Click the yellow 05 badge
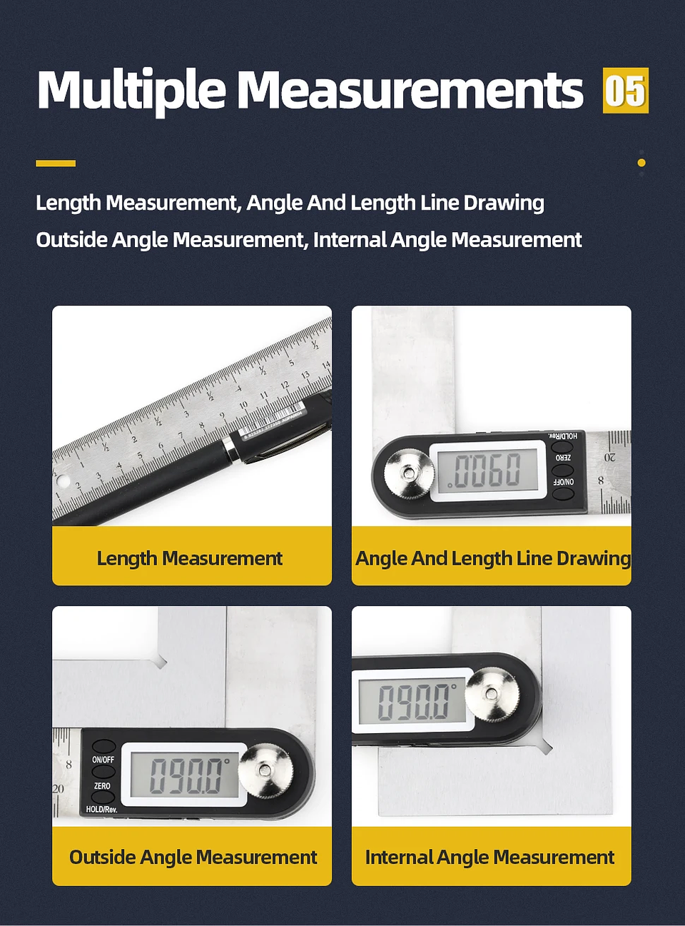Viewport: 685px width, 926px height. (625, 91)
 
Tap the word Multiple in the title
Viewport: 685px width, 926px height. (131, 91)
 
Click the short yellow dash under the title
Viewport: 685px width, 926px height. (56, 163)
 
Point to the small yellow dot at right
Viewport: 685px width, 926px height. (641, 163)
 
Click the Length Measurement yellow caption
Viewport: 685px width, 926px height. (191, 558)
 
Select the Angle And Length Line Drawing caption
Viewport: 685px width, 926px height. (492, 558)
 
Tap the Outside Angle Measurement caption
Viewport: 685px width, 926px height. (193, 857)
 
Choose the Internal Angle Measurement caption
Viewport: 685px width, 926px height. (490, 857)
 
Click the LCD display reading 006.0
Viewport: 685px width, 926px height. (488, 470)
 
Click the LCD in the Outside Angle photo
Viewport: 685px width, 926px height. (184, 775)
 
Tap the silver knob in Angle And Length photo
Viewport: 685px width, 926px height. (409, 473)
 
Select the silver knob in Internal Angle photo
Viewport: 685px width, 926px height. (491, 693)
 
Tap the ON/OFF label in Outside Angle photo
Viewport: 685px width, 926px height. (103, 760)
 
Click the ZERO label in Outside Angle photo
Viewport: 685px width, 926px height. (102, 786)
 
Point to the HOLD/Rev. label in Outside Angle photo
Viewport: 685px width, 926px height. (101, 809)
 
